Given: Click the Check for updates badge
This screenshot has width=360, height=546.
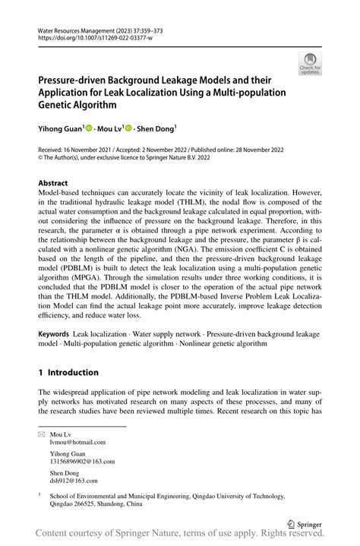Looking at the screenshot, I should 310,64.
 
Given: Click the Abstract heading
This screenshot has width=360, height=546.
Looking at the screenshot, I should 54,183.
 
